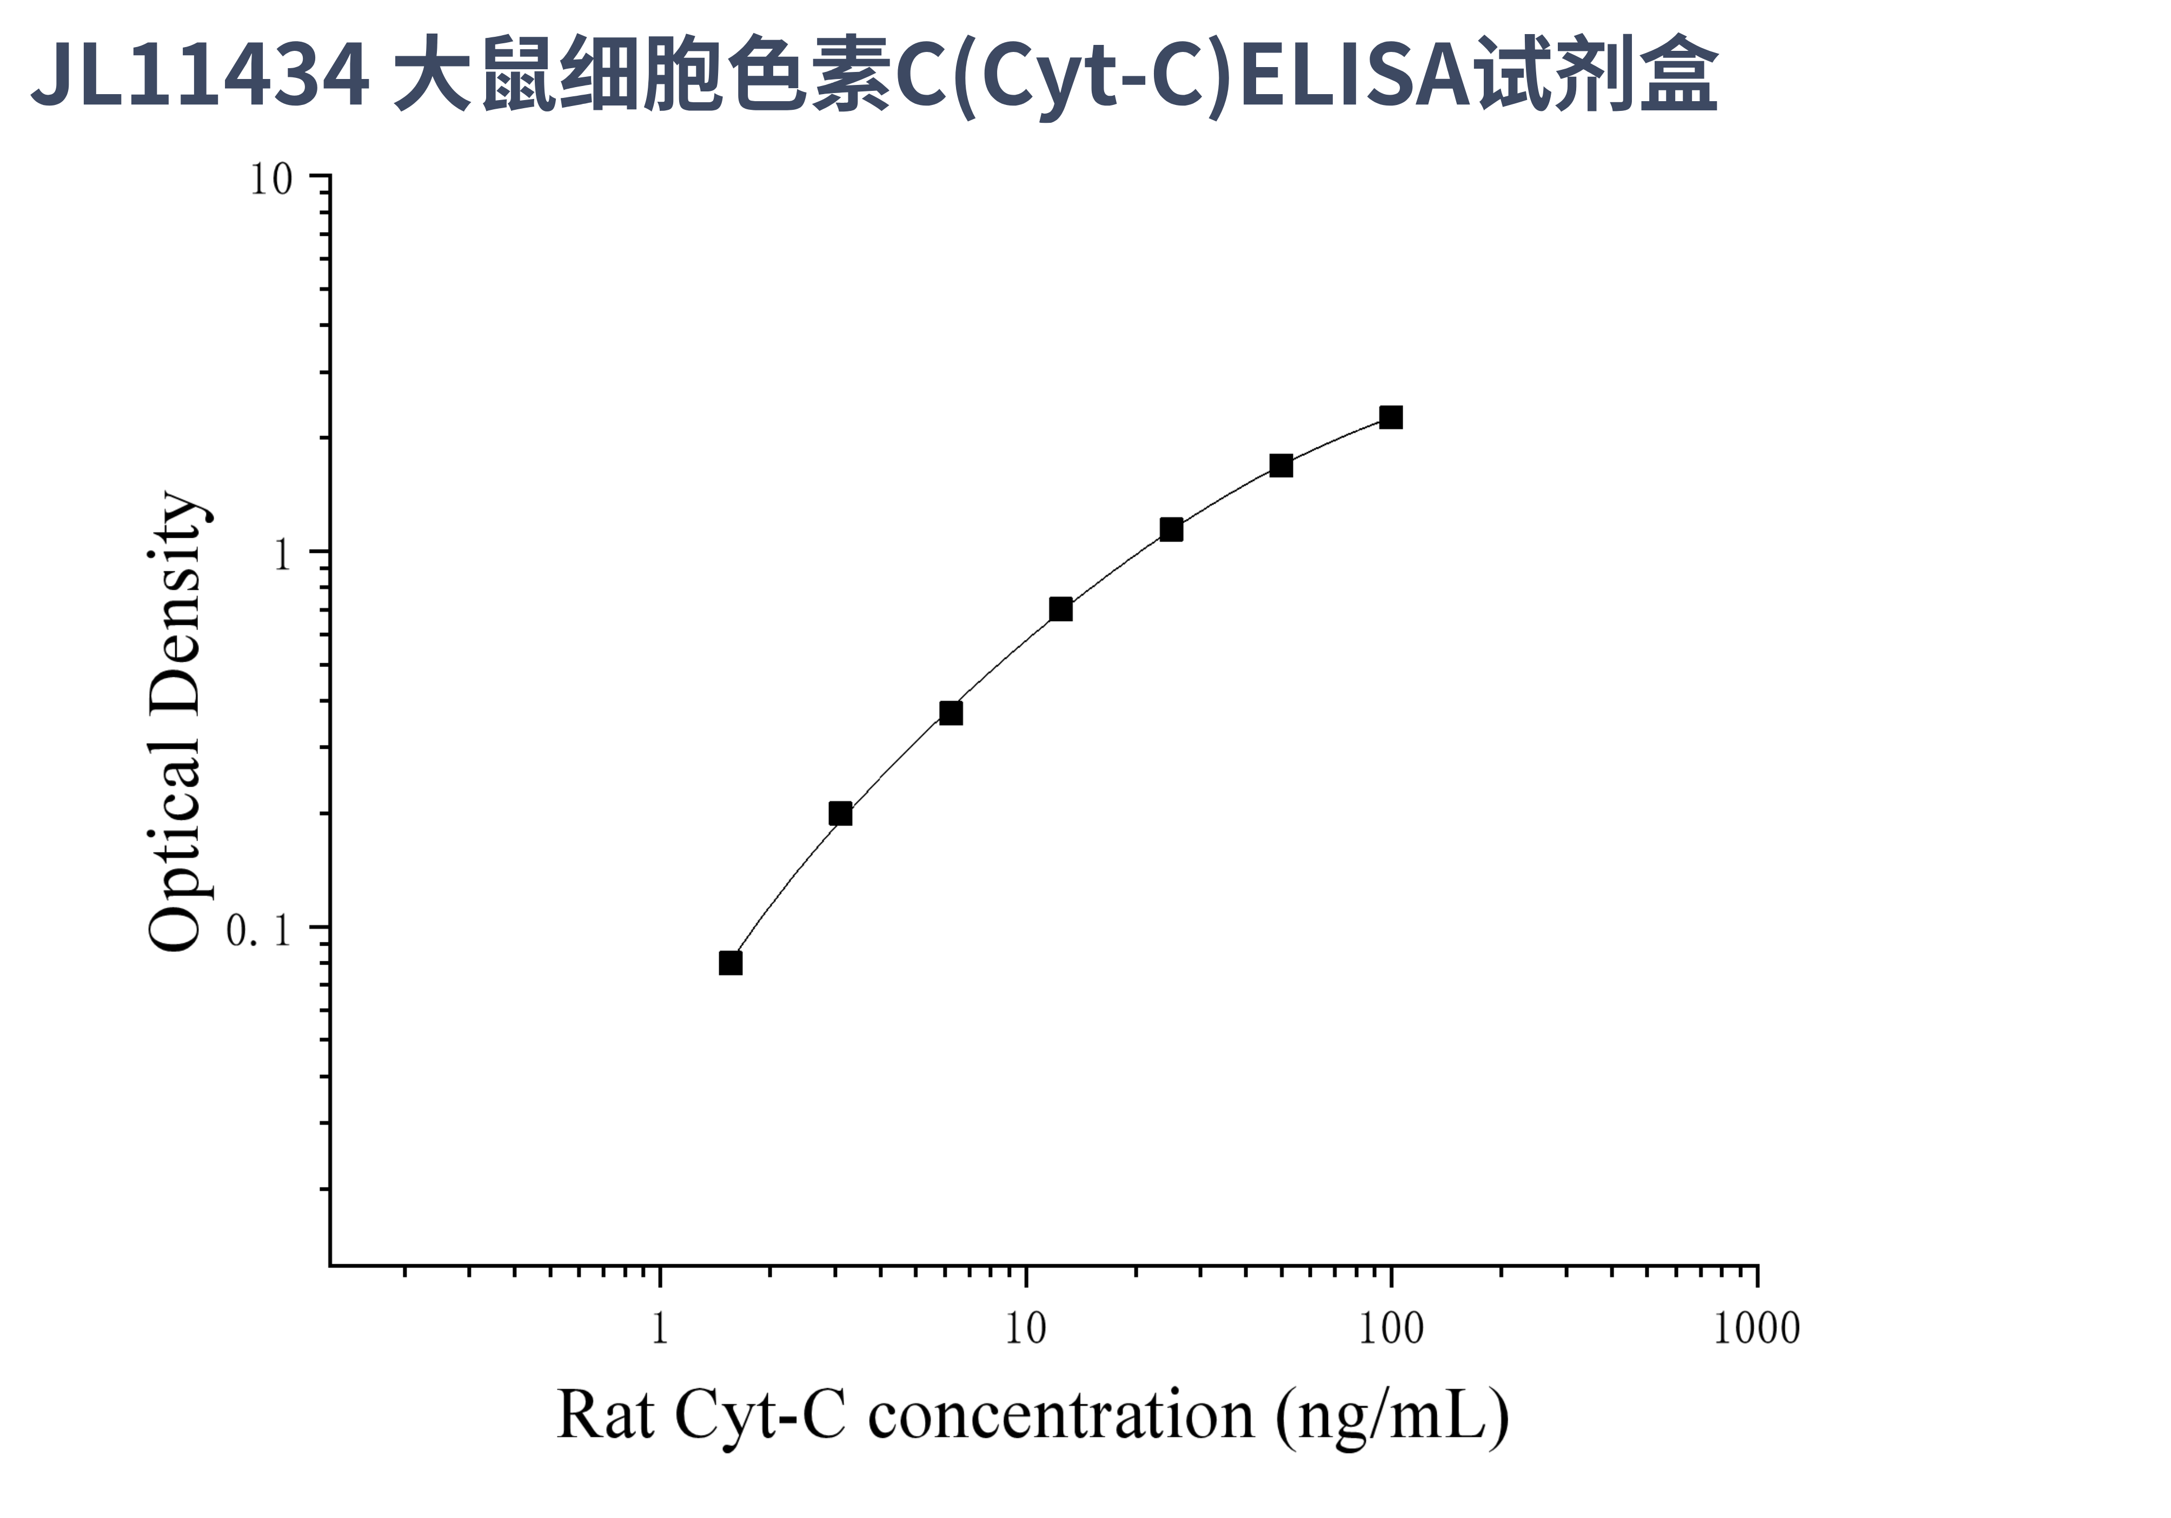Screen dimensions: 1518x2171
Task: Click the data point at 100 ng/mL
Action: pos(1390,417)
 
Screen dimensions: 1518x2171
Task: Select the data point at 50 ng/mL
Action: pos(1280,465)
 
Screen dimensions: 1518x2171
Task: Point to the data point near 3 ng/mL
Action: pos(840,814)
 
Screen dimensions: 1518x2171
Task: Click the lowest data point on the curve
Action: pos(730,963)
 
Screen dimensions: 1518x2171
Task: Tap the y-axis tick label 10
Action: pos(271,180)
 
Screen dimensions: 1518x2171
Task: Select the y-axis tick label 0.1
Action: pos(258,932)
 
